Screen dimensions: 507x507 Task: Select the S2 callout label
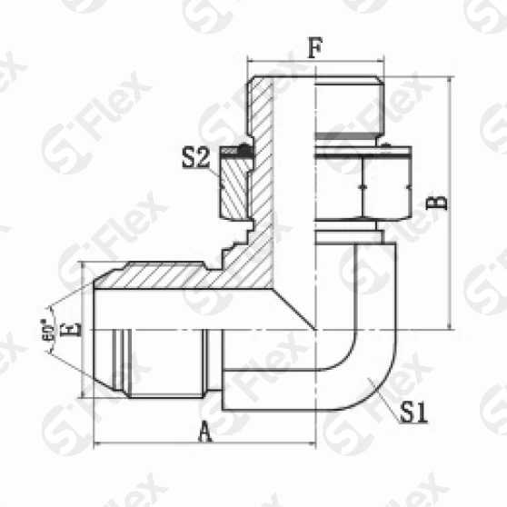[x=194, y=160]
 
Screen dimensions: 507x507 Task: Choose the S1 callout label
[x=414, y=414]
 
